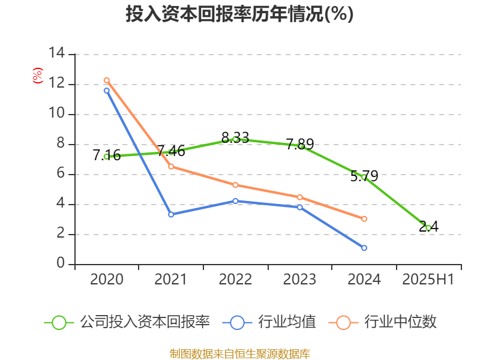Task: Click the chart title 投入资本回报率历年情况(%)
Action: [x=239, y=14]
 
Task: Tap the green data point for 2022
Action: [x=236, y=139]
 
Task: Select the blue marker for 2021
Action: [x=171, y=214]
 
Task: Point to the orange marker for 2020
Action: [x=107, y=80]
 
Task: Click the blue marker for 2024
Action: [x=364, y=248]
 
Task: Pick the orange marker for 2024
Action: [x=364, y=219]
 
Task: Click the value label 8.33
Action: [x=235, y=138]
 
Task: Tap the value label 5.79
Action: [x=364, y=176]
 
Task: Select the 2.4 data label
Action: [x=428, y=226]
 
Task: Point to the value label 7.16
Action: [x=107, y=155]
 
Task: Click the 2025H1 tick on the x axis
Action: [x=428, y=280]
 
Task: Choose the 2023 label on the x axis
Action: [x=299, y=280]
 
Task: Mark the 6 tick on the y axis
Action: [x=61, y=174]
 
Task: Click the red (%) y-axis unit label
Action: [x=38, y=76]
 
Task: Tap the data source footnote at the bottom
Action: [x=239, y=353]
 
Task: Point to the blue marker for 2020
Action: [x=107, y=91]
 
